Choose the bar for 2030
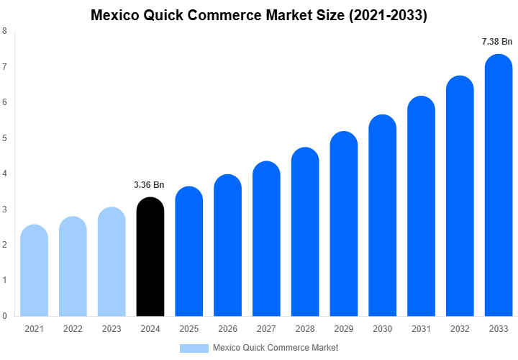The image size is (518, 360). (383, 215)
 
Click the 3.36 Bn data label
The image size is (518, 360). (149, 185)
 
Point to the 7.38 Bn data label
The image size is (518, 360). (497, 42)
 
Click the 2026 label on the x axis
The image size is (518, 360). (227, 329)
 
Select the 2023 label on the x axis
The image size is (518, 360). (111, 329)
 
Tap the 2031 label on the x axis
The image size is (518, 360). (422, 329)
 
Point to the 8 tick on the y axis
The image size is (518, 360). (5, 31)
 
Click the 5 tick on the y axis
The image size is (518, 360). (5, 138)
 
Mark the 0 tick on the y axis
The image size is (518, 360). (5, 315)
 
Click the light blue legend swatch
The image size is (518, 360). (194, 348)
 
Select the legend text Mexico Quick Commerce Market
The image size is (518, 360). (276, 348)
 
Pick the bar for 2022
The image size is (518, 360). (73, 266)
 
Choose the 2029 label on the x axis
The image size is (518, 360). (344, 329)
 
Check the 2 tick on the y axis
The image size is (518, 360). (5, 245)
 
